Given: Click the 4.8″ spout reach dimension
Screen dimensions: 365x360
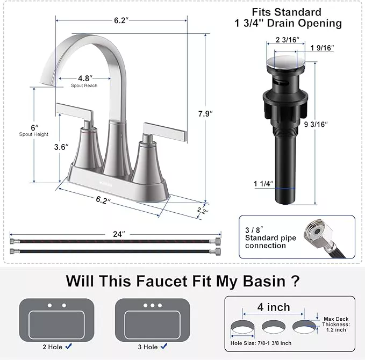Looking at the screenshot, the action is point(85,78).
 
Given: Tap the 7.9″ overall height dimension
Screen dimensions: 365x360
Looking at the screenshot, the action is point(205,114).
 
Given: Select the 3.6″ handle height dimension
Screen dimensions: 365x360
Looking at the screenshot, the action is point(61,147).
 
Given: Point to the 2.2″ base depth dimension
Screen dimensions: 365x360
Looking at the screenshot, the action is point(203,211).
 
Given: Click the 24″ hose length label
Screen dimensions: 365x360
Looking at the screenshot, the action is point(119,234).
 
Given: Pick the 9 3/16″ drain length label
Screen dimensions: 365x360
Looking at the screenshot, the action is point(316,124).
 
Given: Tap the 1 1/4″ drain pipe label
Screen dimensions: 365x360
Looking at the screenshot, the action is point(263,184).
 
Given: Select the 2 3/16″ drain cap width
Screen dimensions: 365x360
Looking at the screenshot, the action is point(287,40).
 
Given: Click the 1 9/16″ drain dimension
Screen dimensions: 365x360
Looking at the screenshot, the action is point(322,48).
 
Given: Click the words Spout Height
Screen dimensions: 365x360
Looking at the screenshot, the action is point(34,134).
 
